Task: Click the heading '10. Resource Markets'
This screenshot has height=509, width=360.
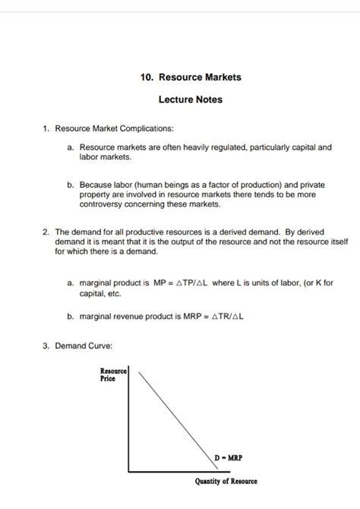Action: tap(191, 77)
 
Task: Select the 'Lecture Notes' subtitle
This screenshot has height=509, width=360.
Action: tap(191, 99)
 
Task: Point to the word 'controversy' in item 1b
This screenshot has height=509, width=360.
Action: tap(102, 204)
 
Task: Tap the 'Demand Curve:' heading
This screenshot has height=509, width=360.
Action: tap(84, 346)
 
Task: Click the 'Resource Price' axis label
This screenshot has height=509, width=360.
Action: tap(113, 375)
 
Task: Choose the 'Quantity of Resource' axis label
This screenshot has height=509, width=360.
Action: tap(226, 482)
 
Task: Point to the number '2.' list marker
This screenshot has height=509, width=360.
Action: tap(46, 232)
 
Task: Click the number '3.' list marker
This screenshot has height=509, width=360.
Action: tap(46, 346)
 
